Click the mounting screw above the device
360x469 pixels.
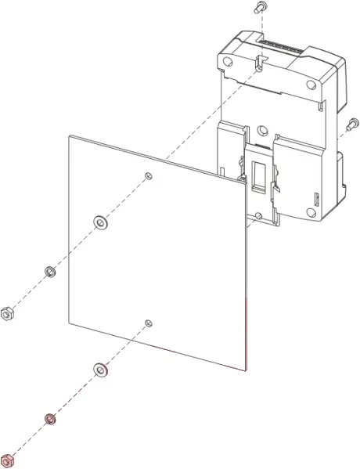[x=260, y=8]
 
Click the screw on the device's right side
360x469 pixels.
[x=351, y=123]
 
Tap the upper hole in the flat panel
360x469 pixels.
[x=149, y=174]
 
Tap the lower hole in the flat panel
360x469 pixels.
[x=149, y=322]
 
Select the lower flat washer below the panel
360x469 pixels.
[x=100, y=368]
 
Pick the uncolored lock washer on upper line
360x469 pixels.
[x=48, y=272]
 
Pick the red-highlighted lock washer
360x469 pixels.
[x=50, y=419]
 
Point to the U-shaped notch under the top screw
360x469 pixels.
[x=260, y=60]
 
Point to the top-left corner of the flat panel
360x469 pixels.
[x=69, y=136]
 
